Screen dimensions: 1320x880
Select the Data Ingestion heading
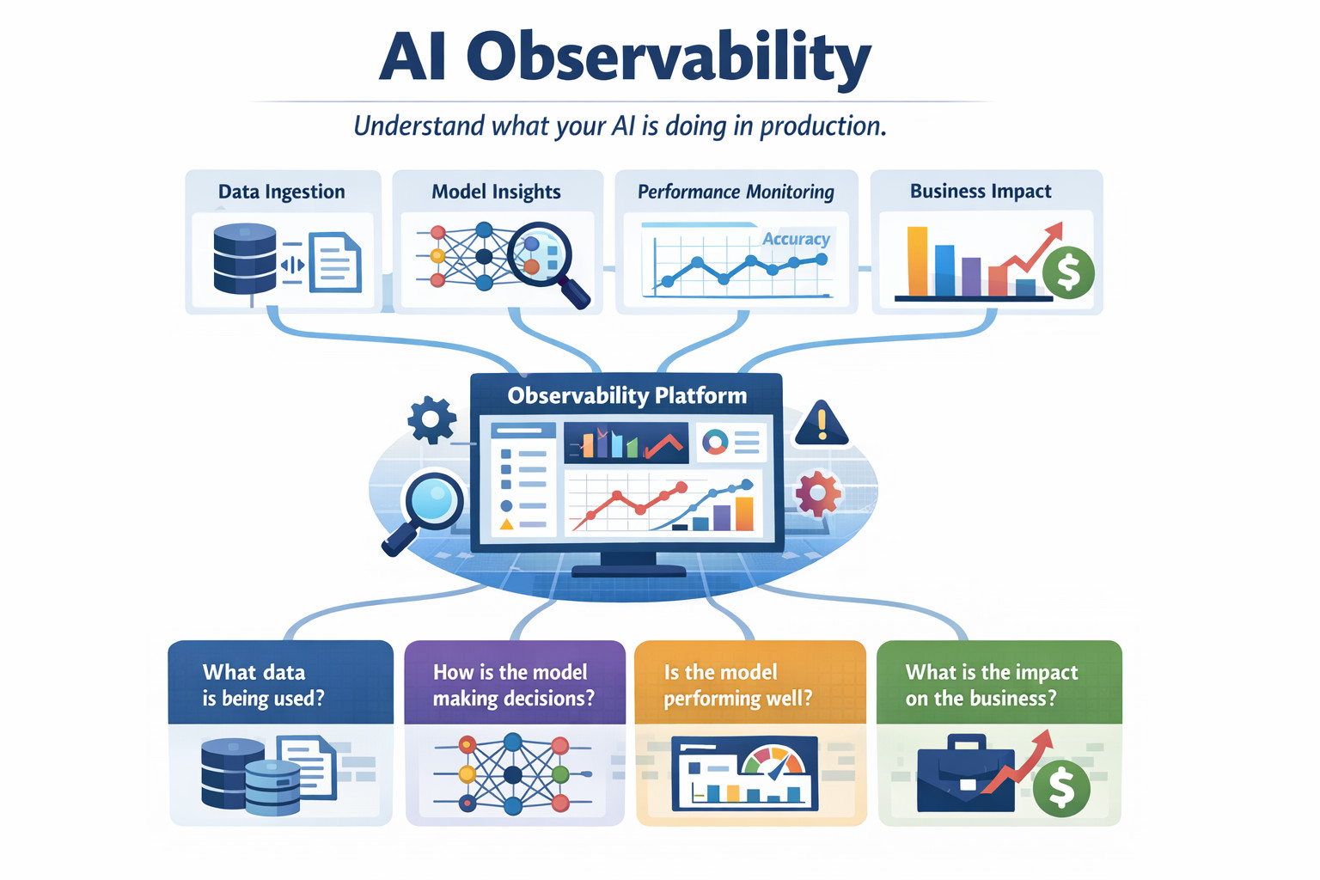coord(282,192)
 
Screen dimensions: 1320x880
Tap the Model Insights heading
coord(496,192)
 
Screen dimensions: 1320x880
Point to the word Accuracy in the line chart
coord(796,239)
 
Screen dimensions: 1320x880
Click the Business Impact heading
coord(981,191)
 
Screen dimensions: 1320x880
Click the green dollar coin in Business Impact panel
coord(1068,272)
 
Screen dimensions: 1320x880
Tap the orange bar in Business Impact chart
coord(917,260)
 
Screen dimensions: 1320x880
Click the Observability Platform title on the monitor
coord(627,395)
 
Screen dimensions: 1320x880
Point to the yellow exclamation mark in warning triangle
coord(822,425)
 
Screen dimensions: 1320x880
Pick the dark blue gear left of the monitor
coord(432,419)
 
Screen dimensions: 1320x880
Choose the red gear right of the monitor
coord(818,492)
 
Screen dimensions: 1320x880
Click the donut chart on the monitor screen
coord(715,442)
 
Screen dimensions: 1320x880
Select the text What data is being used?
coord(263,685)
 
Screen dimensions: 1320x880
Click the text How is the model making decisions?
coord(513,685)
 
